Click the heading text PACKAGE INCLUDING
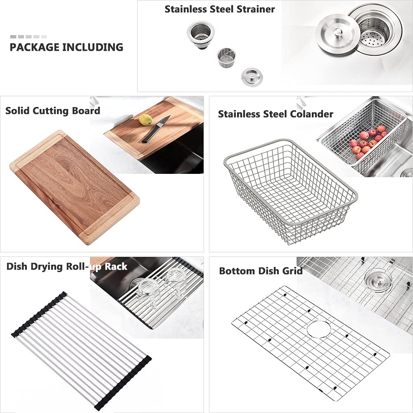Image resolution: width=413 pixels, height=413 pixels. coord(66,47)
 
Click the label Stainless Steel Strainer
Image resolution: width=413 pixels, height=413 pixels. coord(220,9)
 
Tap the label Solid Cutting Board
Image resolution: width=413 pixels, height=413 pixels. coord(53,111)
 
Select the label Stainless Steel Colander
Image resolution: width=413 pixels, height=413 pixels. coord(275,114)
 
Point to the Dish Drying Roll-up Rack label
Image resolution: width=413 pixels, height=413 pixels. coord(67,266)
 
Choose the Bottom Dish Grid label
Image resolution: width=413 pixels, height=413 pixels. coord(261,271)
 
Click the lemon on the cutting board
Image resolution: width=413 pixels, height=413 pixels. coord(145,120)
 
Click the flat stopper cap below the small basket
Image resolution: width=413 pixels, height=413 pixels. coord(249,77)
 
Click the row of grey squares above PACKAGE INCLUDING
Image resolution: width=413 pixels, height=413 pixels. coord(28,37)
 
